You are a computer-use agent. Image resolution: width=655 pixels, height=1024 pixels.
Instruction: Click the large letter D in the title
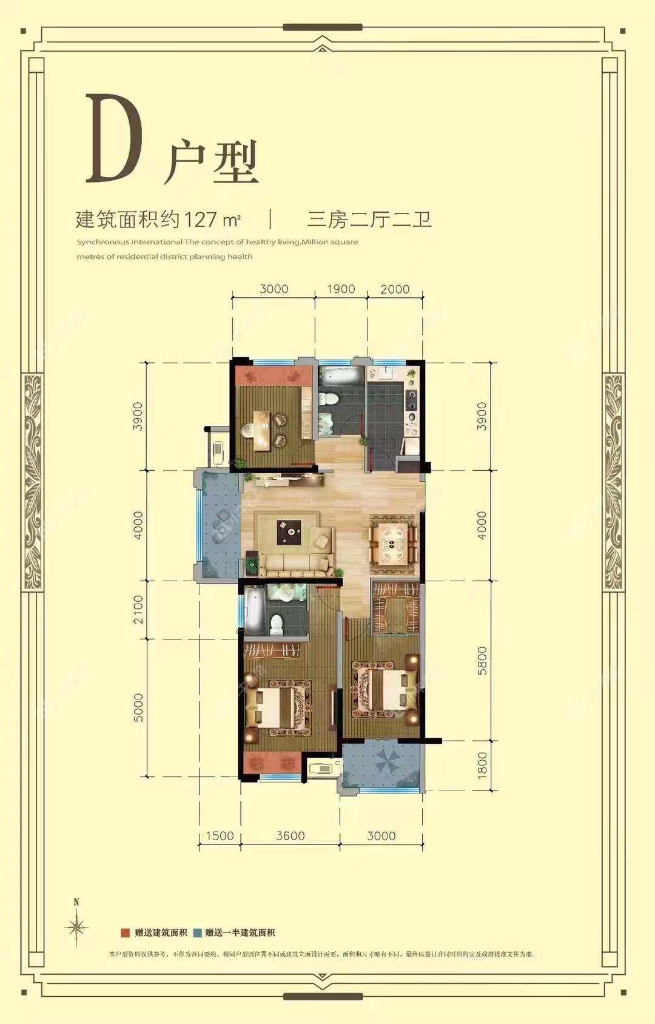coord(114,139)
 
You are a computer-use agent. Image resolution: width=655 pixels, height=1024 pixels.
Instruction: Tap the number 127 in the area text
coord(200,219)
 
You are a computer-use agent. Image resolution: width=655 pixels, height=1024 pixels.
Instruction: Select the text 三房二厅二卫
coord(369,219)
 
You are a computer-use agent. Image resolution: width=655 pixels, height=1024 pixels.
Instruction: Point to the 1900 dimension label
coord(341,289)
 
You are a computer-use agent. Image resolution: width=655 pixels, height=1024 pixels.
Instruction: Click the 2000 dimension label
coord(395,289)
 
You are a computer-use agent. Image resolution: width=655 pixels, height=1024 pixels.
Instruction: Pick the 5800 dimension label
coord(482,661)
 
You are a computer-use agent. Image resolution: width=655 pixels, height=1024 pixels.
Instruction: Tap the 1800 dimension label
coord(482,766)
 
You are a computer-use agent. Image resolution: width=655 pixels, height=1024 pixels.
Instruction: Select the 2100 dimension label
coord(139,609)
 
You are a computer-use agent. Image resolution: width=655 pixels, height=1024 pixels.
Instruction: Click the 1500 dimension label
coord(220,836)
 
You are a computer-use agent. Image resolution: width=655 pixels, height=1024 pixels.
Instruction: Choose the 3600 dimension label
coord(291,836)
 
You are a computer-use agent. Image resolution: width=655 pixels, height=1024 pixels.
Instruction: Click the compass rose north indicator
coord(76,926)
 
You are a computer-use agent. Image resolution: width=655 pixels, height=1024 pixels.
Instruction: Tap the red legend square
coord(126,933)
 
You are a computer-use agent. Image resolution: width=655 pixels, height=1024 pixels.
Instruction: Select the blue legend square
coord(198,933)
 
